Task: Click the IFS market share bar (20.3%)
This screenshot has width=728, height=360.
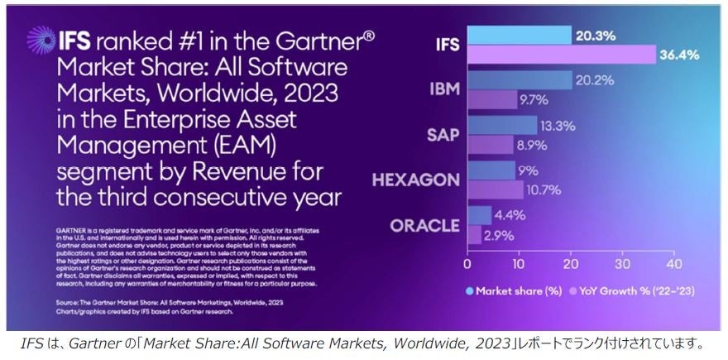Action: coord(519,35)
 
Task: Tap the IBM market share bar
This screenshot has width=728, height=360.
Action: coord(519,80)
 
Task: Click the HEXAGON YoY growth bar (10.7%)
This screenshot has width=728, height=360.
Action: coord(495,190)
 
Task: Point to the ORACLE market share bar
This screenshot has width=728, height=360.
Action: coord(479,214)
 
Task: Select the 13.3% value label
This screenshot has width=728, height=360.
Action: coord(558,126)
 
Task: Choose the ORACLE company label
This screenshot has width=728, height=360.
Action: coord(424,226)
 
